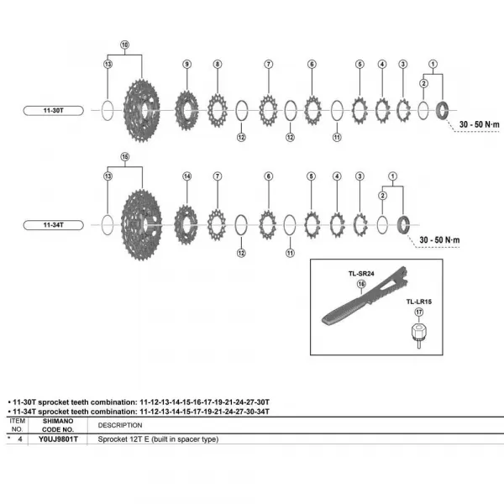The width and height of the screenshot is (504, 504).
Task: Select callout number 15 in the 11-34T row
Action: click(124, 157)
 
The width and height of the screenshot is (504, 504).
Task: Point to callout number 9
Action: click(187, 64)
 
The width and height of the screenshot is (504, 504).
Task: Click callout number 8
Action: click(217, 64)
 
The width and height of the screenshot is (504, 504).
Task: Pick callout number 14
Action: click(187, 176)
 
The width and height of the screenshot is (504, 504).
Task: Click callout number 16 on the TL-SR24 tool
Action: click(362, 285)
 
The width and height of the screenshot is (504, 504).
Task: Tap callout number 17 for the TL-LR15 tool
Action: click(419, 312)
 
